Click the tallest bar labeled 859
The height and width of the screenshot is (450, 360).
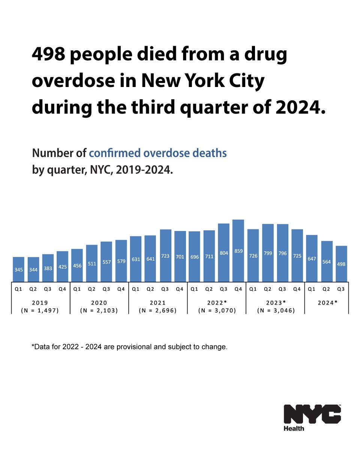(238, 250)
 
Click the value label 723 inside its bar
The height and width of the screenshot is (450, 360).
(165, 256)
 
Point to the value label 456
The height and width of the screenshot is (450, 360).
(77, 265)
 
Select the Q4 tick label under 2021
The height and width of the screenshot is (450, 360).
(180, 289)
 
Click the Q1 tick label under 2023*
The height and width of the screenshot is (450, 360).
(253, 289)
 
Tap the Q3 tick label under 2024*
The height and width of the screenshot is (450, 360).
(341, 289)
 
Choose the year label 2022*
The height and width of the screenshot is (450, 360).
(216, 303)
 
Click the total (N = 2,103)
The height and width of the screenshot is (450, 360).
(99, 310)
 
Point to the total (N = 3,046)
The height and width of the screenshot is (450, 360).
(275, 310)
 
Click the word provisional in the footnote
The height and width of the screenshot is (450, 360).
(154, 347)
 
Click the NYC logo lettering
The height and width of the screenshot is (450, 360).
(312, 414)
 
